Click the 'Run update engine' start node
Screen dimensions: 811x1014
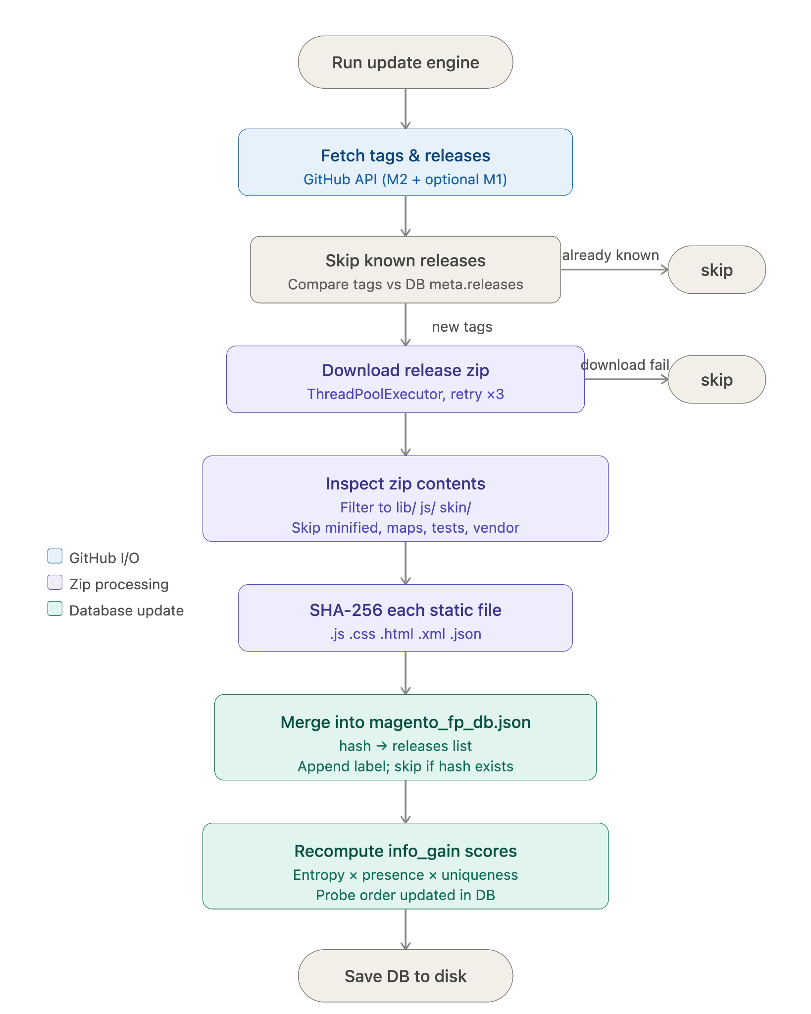[x=405, y=62]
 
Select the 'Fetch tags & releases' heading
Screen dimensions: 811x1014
[x=405, y=155]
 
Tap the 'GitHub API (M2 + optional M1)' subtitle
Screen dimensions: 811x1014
[x=405, y=179]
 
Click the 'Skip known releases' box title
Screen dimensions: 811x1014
[x=405, y=260]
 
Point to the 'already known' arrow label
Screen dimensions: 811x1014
[x=610, y=255]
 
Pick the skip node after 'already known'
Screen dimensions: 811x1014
[x=717, y=270]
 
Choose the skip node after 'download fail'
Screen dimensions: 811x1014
[x=717, y=379]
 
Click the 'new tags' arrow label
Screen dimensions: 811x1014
[x=462, y=327]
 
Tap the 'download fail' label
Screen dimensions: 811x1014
[x=625, y=365]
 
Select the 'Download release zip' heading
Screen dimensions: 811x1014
[x=405, y=370]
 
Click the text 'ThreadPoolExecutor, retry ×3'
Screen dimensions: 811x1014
[x=405, y=394]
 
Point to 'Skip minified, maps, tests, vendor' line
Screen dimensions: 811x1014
[x=405, y=528]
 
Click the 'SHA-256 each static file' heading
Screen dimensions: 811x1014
[x=405, y=610]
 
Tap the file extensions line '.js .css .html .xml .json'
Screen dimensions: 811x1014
[x=405, y=634]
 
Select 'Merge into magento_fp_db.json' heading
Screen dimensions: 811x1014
[x=405, y=722]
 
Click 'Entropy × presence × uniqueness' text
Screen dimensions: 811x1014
[x=405, y=875]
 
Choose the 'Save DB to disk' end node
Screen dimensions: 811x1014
[x=405, y=976]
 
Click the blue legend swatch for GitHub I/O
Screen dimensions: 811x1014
[x=55, y=556]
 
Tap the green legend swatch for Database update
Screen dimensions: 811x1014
[x=55, y=608]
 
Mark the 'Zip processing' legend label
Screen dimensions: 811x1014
[x=119, y=584]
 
